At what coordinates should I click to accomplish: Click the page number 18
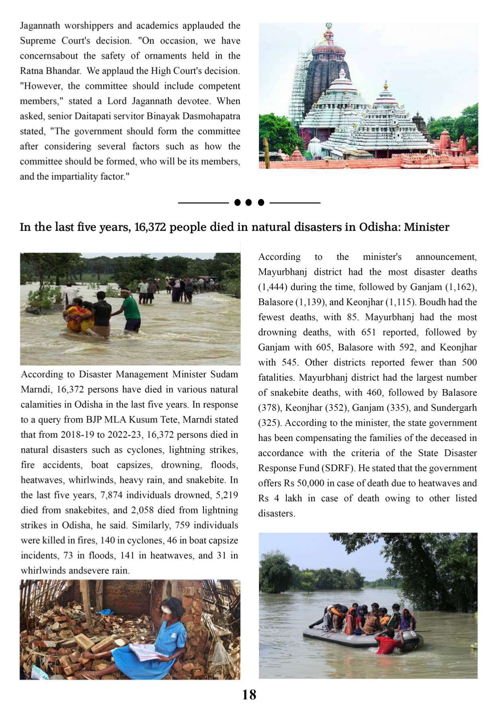pos(249,695)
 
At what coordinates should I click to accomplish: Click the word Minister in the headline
pos(426,227)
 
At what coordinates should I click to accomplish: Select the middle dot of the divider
pos(248,202)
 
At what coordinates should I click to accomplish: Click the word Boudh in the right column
pos(441,302)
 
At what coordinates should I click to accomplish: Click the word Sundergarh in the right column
pos(454,408)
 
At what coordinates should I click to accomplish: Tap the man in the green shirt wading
pos(130,310)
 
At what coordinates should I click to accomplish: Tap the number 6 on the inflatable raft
pos(413,634)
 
